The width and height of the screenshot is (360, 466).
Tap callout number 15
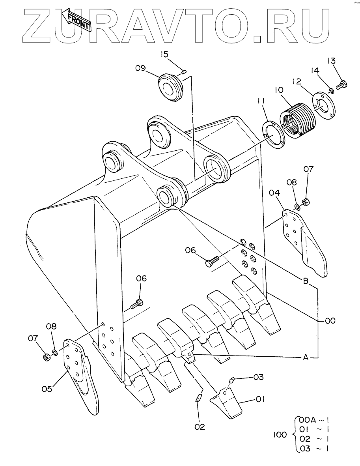[164, 54]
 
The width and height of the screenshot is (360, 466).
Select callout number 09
[140, 68]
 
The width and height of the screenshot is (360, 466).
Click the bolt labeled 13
[341, 85]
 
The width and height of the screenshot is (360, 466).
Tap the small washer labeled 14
[332, 90]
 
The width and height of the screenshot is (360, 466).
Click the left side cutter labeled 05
[80, 374]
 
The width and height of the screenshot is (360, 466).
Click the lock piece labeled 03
[232, 380]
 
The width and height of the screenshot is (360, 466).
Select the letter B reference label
[305, 281]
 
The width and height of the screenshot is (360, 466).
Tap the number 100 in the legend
[280, 435]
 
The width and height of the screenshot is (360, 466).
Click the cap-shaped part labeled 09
[170, 88]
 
